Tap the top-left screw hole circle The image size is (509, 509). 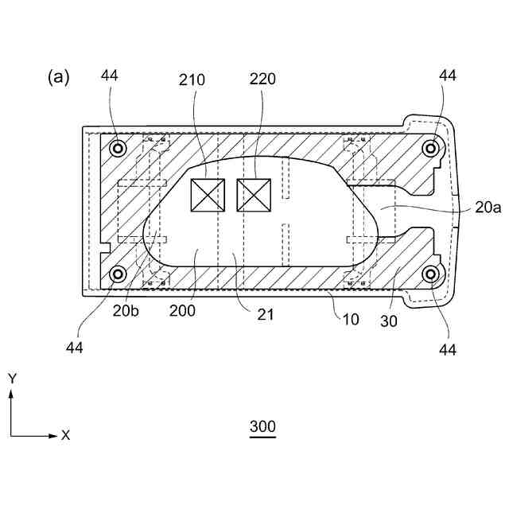click(x=119, y=148)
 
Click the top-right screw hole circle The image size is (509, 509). click(x=431, y=148)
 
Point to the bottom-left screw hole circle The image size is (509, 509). click(x=119, y=274)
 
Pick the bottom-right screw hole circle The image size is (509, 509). click(x=431, y=274)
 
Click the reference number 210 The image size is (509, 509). click(x=192, y=80)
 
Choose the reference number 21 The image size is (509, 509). click(x=266, y=314)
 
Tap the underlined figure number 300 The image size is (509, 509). click(x=262, y=427)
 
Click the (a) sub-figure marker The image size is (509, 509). click(x=59, y=76)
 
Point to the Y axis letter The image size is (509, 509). click(x=12, y=379)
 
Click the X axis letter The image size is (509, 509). click(x=66, y=435)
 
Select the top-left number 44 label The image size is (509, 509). click(x=110, y=76)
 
